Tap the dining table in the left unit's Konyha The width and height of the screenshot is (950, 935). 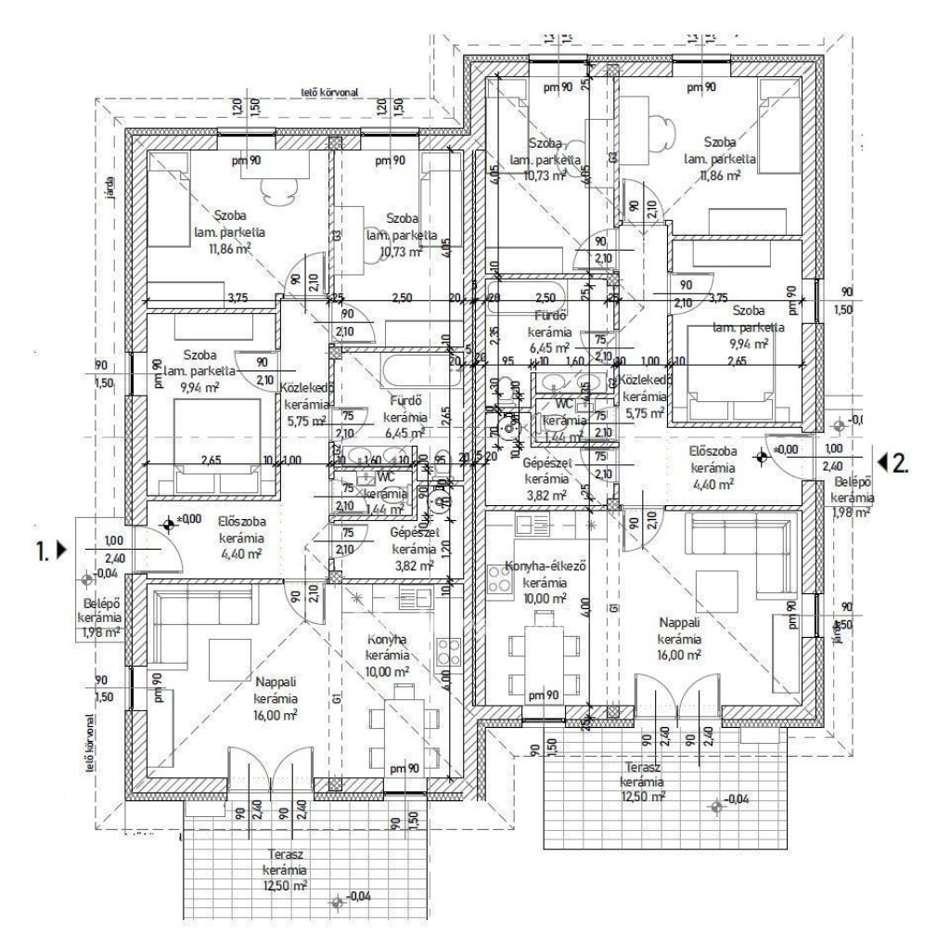(x=402, y=724)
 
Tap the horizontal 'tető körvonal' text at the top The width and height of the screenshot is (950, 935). (x=328, y=92)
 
